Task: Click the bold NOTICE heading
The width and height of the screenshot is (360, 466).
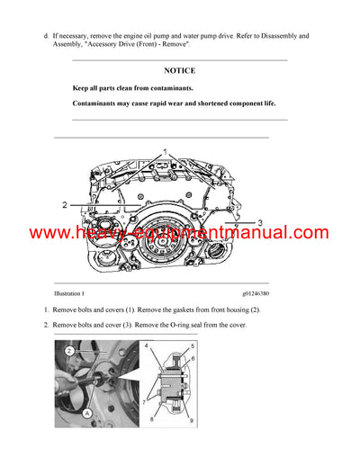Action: pos(179,70)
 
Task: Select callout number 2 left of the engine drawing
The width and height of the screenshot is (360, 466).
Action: pos(65,205)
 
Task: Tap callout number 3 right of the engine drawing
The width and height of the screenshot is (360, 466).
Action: pos(259,221)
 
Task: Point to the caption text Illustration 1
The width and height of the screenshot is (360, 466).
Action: pos(69,293)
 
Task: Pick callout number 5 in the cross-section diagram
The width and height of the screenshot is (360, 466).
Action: pos(192,345)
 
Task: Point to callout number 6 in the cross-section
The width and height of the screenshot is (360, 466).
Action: pos(192,358)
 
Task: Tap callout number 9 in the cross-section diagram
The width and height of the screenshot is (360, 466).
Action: pos(192,419)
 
